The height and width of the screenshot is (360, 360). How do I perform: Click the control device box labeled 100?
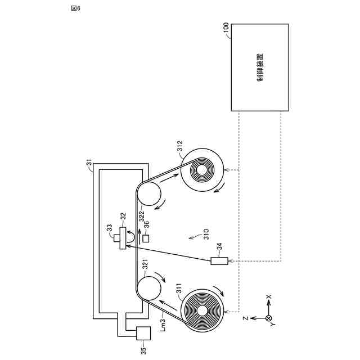pos(260,67)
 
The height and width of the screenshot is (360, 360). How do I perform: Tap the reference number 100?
pos(226,28)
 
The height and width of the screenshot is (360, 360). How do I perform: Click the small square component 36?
pos(146,238)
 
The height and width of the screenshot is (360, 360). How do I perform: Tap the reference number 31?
pos(89,164)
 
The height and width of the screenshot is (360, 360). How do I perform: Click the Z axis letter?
pos(246,318)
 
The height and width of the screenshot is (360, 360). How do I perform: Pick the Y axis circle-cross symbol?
pos(268,318)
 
